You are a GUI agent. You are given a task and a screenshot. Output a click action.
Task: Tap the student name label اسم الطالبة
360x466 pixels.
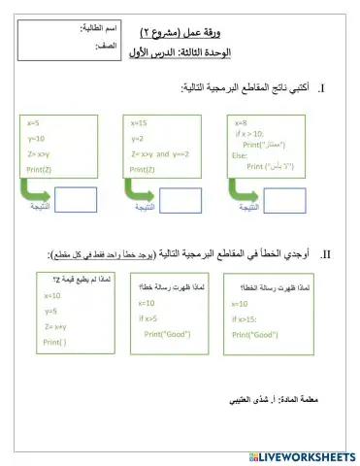pyautogui.click(x=94, y=29)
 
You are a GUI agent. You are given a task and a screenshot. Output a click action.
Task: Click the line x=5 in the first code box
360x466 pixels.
pyautogui.click(x=34, y=123)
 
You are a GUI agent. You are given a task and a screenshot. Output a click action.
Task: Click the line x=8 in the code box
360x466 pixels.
pyautogui.click(x=241, y=123)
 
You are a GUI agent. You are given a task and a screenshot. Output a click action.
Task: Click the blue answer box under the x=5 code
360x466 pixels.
pyautogui.click(x=75, y=197)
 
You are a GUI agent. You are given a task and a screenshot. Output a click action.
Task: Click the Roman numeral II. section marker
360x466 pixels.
pyautogui.click(x=326, y=254)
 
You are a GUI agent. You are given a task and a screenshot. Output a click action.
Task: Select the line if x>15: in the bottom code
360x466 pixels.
pyautogui.click(x=247, y=318)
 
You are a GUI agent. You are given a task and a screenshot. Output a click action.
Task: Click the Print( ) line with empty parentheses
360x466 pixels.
pyautogui.click(x=54, y=342)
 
